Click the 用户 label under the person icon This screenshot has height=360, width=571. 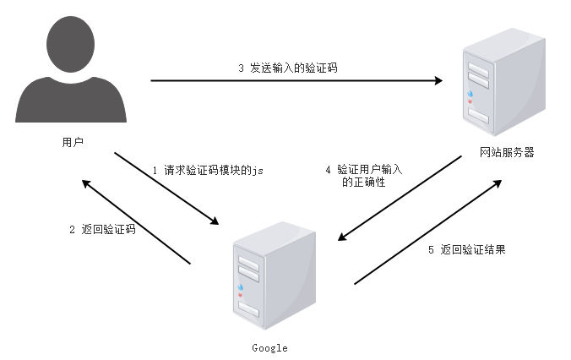click(73, 141)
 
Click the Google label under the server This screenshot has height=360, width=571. click(269, 348)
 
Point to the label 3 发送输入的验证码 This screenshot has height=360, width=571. click(287, 67)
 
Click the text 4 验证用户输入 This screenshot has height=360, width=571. click(363, 169)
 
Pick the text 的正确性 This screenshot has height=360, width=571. click(364, 182)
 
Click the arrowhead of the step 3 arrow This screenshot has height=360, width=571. click(439, 81)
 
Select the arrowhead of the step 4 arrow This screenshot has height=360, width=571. click(341, 239)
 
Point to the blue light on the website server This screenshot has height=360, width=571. click(468, 94)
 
